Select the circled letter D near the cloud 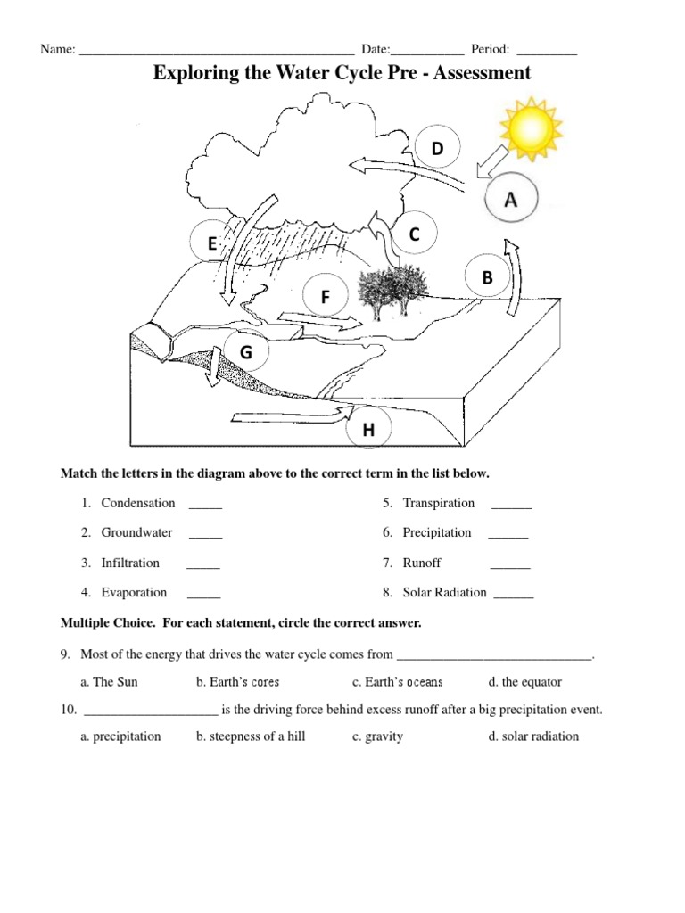click(437, 148)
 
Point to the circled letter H click(367, 431)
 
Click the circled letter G click(245, 353)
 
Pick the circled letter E click(212, 243)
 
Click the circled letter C click(414, 234)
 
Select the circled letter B click(487, 278)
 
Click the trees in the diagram click(391, 289)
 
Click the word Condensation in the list click(138, 503)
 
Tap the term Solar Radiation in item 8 click(444, 592)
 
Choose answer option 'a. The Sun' click(109, 682)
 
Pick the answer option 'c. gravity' click(377, 736)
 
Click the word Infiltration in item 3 click(130, 563)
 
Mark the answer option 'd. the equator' click(524, 682)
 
